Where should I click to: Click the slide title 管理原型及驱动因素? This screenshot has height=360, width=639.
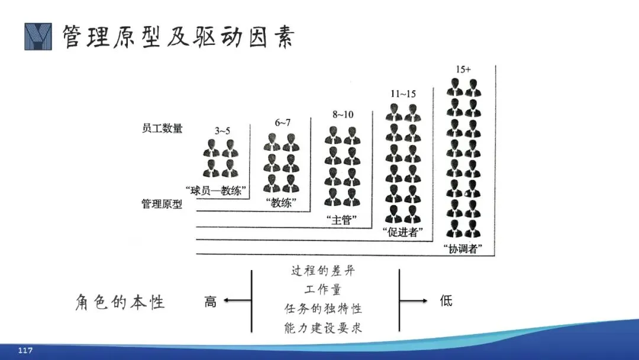(178, 36)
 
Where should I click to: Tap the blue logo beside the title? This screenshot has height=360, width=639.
(38, 36)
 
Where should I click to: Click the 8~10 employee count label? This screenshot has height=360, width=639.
(343, 114)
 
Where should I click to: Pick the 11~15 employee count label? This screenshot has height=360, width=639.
(404, 94)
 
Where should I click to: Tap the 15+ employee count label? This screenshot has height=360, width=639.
(464, 69)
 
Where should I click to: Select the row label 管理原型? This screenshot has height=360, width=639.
(162, 204)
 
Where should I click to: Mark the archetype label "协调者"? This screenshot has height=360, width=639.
(463, 249)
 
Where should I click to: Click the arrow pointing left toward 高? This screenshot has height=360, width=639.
(236, 301)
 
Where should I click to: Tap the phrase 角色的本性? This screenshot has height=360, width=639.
(120, 302)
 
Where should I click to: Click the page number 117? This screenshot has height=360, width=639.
(25, 351)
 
